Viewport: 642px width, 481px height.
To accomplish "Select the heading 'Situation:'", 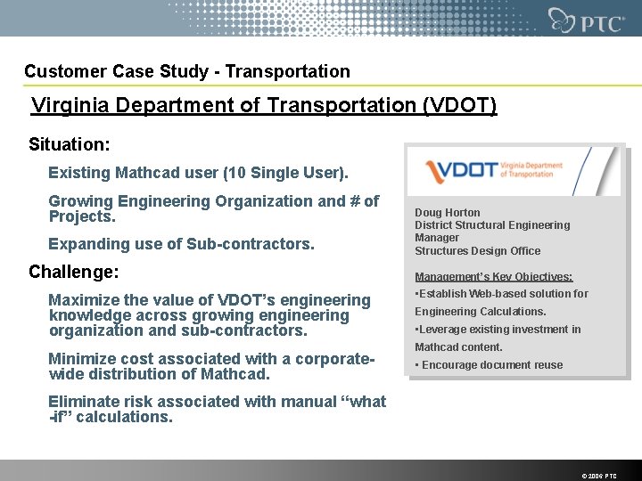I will coord(70,144).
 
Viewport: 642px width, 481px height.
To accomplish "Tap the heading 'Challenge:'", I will coord(73,272).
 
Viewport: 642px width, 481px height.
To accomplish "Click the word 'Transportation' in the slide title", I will coord(293,71).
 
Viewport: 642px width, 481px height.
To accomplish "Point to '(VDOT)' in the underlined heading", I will coord(457,106).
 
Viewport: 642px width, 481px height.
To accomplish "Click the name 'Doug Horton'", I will coord(447,213).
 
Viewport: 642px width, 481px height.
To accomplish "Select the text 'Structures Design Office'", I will coord(477,250).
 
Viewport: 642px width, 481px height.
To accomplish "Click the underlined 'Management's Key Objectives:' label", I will coord(493,277).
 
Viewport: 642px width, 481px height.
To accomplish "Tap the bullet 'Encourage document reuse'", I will coord(491,365).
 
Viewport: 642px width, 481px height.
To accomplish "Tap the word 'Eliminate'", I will coord(84,402).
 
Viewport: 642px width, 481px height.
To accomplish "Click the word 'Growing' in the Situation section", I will coord(78,201).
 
